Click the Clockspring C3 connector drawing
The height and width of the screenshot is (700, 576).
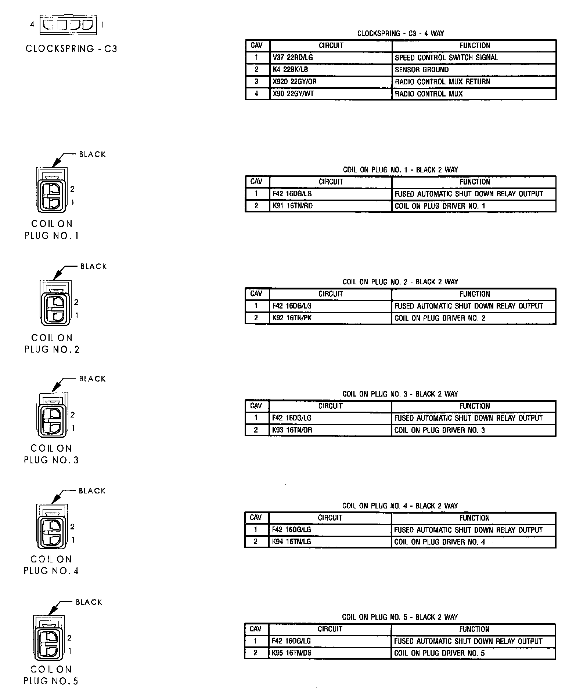tap(68, 25)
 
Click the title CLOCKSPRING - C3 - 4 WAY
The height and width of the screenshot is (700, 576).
tap(400, 34)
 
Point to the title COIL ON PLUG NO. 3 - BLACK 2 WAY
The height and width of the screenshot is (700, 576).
tap(400, 394)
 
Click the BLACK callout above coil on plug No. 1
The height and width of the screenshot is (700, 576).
tap(92, 154)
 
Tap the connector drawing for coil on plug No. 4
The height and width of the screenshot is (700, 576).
tap(52, 527)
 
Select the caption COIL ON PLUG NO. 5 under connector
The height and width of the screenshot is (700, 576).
tap(51, 675)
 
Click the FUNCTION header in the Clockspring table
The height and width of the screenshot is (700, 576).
tap(475, 45)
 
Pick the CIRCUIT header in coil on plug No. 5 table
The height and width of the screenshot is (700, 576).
tap(330, 629)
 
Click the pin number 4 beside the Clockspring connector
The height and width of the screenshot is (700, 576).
tap(32, 25)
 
